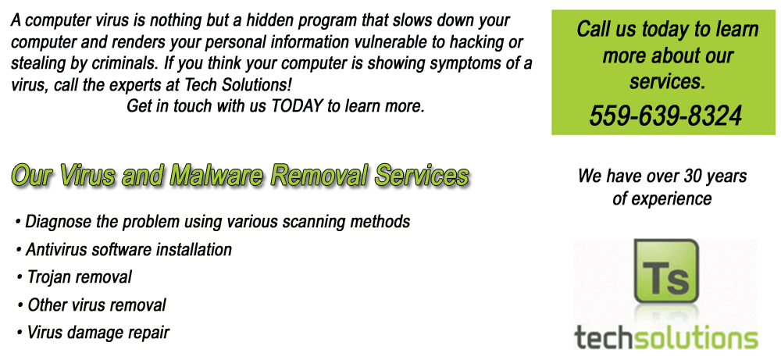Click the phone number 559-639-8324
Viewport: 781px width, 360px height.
[x=666, y=116]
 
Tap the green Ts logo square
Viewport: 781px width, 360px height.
[x=666, y=272]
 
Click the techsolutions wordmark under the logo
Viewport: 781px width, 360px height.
[x=666, y=337]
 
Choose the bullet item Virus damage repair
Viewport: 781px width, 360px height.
[x=93, y=332]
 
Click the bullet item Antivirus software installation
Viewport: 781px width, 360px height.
[x=124, y=249]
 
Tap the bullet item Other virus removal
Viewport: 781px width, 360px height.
[x=91, y=305]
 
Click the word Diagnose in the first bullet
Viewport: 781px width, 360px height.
[x=59, y=222]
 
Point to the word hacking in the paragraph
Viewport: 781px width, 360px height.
[x=475, y=43]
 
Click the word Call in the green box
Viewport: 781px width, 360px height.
[x=592, y=29]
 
